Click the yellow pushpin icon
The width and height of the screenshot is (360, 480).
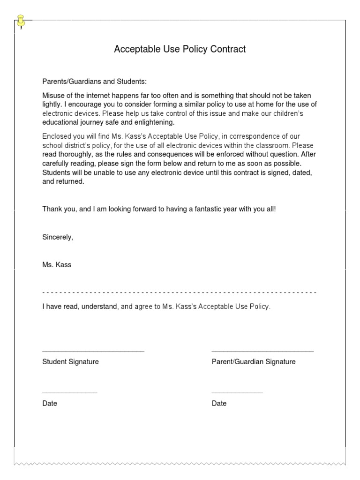(21, 21)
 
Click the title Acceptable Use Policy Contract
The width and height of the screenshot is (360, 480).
(180, 49)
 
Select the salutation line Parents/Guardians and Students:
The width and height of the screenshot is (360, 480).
(95, 81)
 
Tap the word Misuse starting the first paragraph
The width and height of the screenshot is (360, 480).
(54, 95)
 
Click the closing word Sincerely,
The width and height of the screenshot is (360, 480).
(58, 237)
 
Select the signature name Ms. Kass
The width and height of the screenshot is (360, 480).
(57, 265)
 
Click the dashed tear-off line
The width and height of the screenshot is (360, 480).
(180, 292)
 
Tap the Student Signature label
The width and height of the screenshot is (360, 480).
(70, 362)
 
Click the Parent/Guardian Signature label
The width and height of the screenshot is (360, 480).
(254, 362)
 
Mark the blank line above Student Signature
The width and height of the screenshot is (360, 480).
(93, 351)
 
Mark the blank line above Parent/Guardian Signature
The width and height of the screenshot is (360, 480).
(262, 351)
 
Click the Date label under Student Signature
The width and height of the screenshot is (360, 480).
(50, 403)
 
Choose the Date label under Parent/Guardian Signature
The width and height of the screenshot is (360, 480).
(219, 403)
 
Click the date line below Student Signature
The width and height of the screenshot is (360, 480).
(70, 392)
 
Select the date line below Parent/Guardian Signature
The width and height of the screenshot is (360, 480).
(237, 392)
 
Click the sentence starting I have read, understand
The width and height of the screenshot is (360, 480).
(156, 307)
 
